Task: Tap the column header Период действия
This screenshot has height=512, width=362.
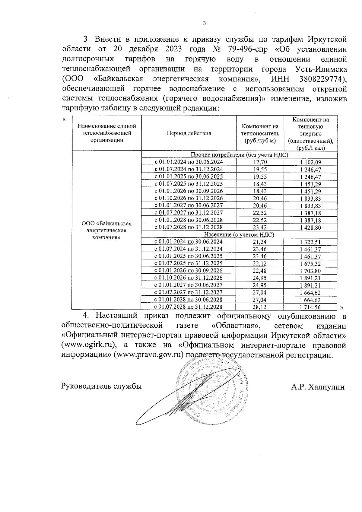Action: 189,133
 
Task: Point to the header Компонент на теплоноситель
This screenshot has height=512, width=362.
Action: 260,133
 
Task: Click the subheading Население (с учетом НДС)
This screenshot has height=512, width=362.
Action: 239,234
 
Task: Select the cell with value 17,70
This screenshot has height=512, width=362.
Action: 260,162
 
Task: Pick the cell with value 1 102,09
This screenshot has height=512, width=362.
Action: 310,162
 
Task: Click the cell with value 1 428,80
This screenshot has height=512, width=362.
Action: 310,227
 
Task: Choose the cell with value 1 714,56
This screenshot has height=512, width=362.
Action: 310,307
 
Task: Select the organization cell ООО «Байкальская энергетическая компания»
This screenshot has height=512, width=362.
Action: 106,231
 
